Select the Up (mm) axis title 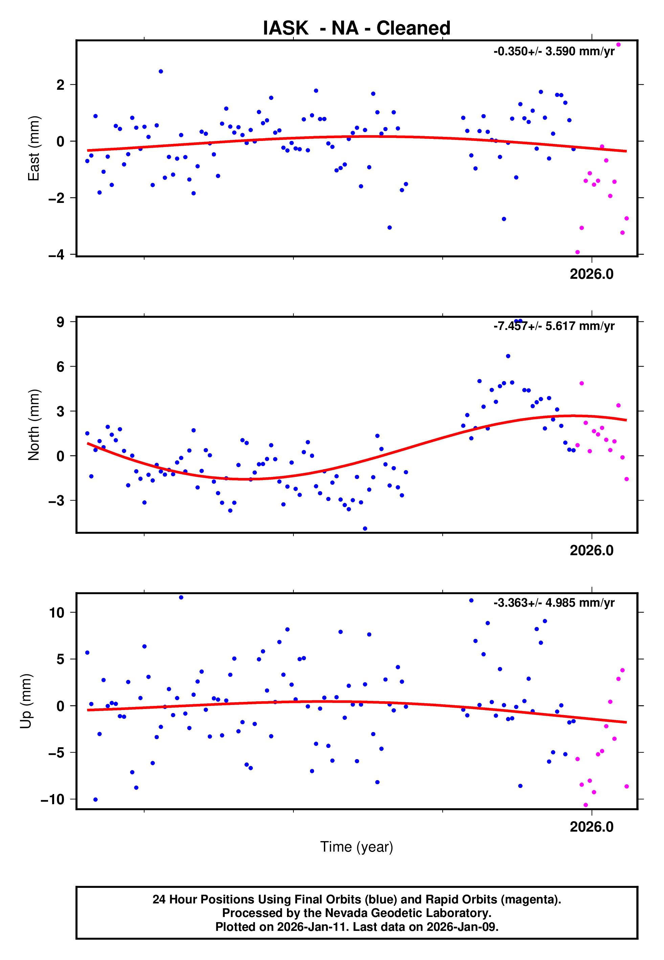(x=26, y=701)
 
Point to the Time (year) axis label (x=357, y=847)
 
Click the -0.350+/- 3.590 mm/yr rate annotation (x=554, y=51)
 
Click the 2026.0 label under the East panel (x=591, y=274)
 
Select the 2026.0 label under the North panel (x=591, y=550)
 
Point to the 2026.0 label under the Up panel (x=591, y=827)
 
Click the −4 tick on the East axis (x=57, y=254)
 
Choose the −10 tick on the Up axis (x=53, y=799)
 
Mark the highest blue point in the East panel (x=161, y=71)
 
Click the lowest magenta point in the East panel (x=577, y=252)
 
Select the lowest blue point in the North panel (x=365, y=529)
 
